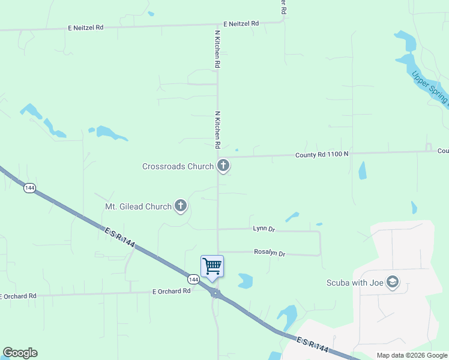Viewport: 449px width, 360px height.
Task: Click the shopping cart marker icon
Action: (x=212, y=266)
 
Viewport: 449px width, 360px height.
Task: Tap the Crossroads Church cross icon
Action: (x=223, y=165)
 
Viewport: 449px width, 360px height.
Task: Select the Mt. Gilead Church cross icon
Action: (x=180, y=206)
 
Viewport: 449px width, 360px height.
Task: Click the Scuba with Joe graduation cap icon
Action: (x=393, y=282)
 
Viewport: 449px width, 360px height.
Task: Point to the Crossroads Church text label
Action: (x=178, y=166)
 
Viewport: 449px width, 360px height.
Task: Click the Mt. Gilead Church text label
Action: (x=139, y=207)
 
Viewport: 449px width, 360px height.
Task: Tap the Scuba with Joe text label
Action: (x=354, y=283)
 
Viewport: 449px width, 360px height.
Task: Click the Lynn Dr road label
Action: (x=264, y=229)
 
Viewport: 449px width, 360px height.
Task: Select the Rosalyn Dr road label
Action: (x=270, y=253)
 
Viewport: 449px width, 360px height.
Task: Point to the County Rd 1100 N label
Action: (x=322, y=155)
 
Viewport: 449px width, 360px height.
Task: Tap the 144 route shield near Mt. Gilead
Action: (x=29, y=188)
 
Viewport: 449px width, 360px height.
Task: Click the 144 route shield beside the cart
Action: (x=193, y=280)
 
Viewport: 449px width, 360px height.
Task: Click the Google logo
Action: (x=20, y=353)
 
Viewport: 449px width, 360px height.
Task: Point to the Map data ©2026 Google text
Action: (x=411, y=355)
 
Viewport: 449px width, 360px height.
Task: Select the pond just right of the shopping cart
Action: (x=246, y=280)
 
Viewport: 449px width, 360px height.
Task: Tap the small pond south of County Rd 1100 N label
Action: (x=362, y=170)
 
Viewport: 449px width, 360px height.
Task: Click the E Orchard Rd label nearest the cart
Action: (x=171, y=291)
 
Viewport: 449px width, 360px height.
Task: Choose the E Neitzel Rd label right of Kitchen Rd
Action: (x=241, y=23)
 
